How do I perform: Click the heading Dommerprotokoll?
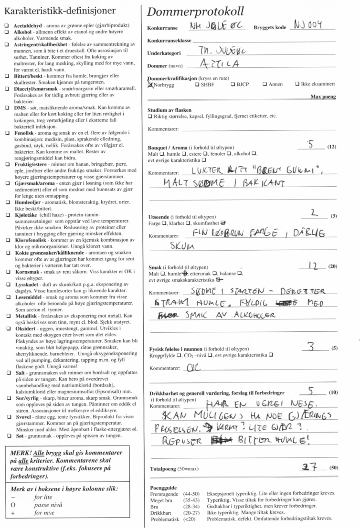pos(196,11)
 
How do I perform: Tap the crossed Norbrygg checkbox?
pos(151,85)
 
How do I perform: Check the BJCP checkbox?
pos(233,85)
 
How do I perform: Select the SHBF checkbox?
pos(197,85)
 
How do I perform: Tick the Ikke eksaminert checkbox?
pos(297,85)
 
